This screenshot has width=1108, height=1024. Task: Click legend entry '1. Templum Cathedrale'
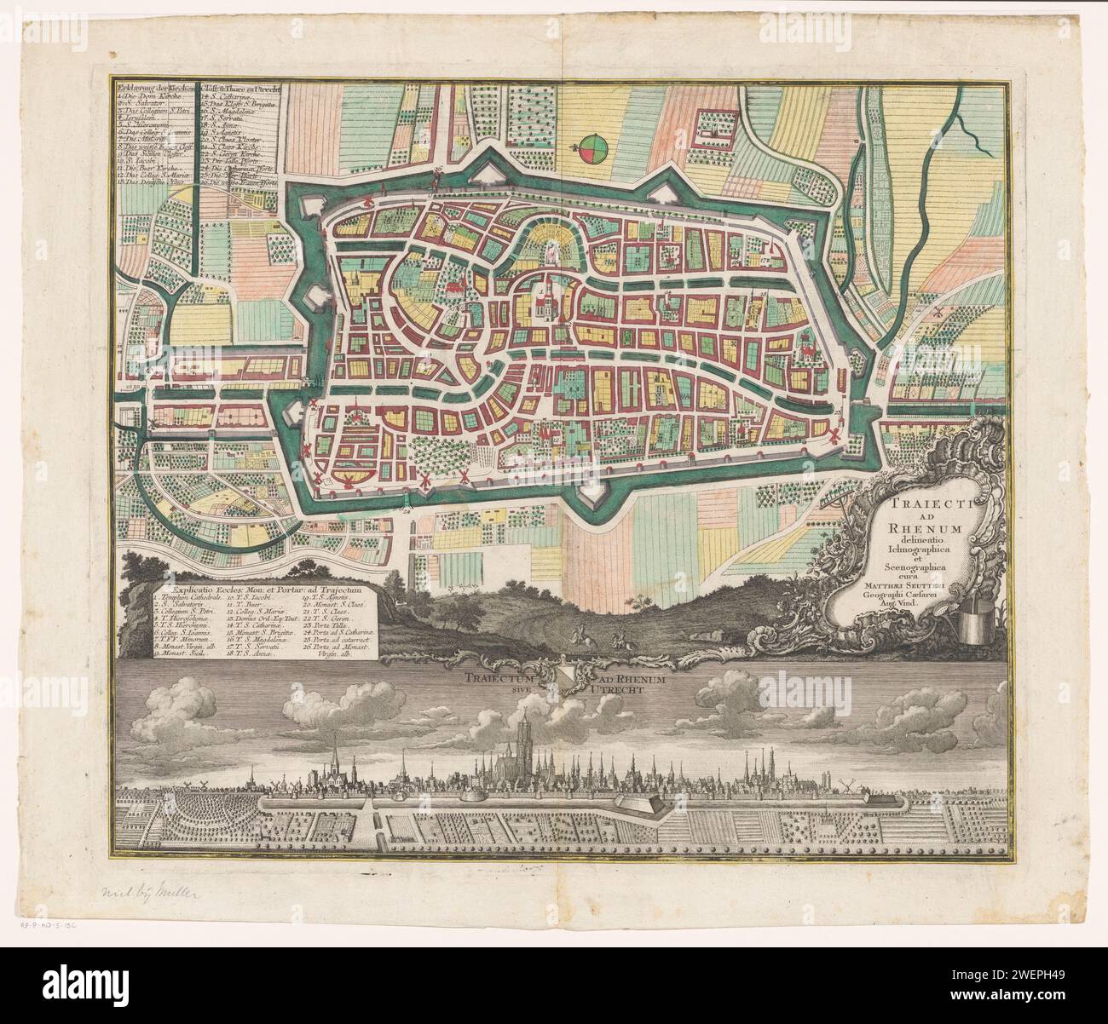click(194, 601)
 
